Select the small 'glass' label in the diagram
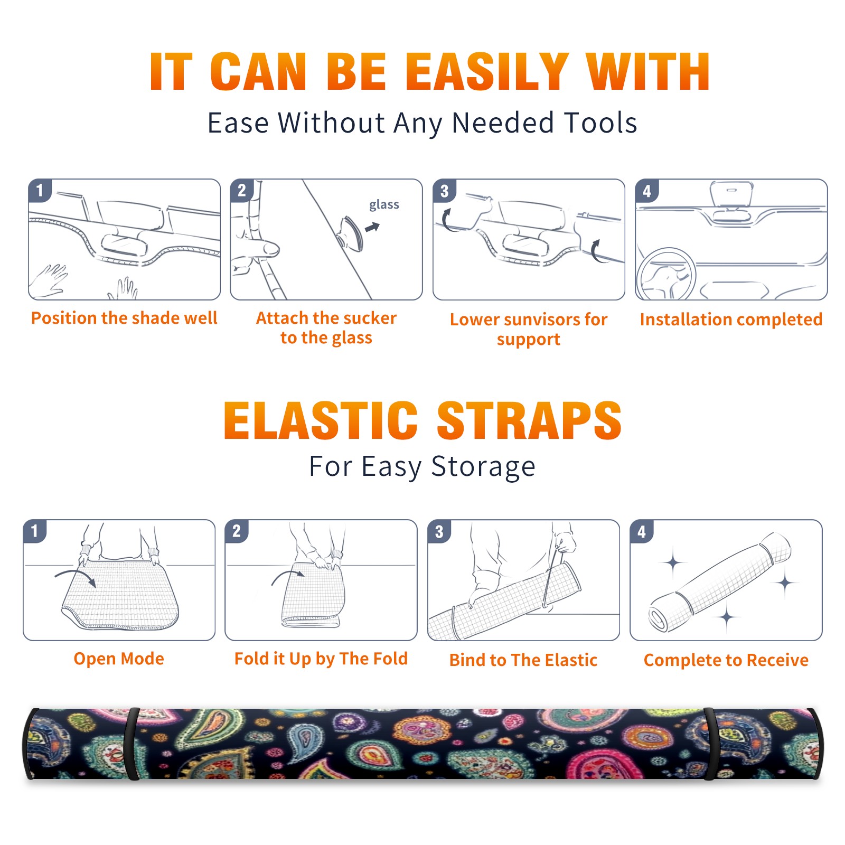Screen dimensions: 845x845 [384, 205]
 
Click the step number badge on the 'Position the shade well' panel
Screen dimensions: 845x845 [40, 190]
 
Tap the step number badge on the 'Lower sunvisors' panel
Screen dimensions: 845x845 [444, 190]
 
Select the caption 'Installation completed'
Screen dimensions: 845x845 [731, 320]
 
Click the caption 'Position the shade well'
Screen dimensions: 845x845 [124, 318]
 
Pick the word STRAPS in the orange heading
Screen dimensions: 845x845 [529, 420]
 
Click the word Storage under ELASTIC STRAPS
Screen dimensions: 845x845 [483, 467]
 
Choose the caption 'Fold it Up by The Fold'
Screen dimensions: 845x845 [321, 659]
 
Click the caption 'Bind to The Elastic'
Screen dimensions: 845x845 [523, 660]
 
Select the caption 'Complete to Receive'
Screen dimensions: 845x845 [726, 660]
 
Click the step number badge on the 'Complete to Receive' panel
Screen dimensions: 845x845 [642, 531]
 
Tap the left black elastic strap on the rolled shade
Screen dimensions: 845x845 [132, 744]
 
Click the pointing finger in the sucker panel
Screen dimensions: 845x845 [256, 248]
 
